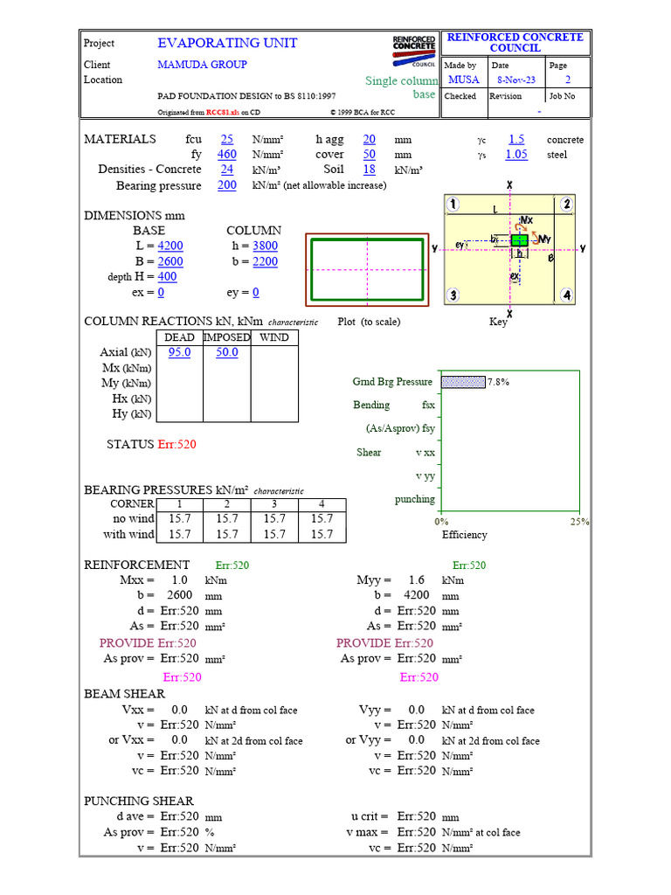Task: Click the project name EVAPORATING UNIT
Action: [x=227, y=43]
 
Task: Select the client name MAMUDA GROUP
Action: [x=202, y=65]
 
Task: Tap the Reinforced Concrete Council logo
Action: [x=414, y=50]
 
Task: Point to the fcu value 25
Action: [x=227, y=139]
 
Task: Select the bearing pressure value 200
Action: [x=227, y=185]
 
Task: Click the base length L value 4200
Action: [x=170, y=246]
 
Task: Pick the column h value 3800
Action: [x=265, y=246]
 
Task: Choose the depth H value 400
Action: [x=167, y=277]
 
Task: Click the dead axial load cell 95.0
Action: [x=179, y=352]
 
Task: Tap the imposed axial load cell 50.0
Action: [x=226, y=352]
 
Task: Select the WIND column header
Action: [x=274, y=337]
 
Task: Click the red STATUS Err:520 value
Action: [x=176, y=444]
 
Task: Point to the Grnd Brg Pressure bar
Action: [x=463, y=382]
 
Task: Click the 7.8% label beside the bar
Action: [x=498, y=382]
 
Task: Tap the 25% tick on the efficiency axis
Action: [x=579, y=521]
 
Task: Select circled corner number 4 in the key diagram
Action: [x=567, y=295]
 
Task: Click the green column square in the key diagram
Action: [x=519, y=239]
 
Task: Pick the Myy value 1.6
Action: [x=416, y=580]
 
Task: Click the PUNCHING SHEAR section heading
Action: [x=139, y=801]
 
